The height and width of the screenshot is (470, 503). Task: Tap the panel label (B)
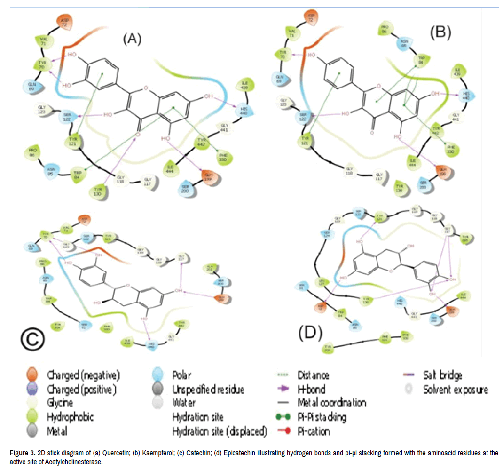point(441,32)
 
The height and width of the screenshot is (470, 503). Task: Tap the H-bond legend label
point(311,389)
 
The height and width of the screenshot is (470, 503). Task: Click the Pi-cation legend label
point(314,430)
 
